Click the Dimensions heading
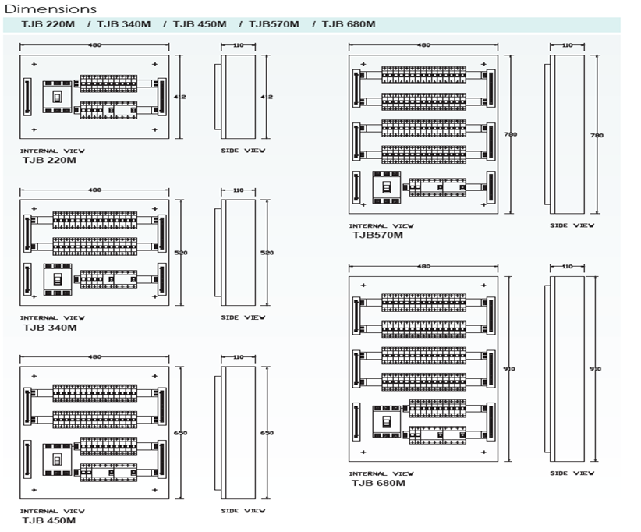point(51,9)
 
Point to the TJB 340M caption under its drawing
point(51,328)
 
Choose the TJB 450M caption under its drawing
point(49,520)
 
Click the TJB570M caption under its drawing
point(377,235)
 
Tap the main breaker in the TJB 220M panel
point(56,97)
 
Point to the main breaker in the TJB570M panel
point(386,186)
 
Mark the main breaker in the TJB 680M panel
point(386,421)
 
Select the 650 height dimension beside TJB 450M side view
point(267,433)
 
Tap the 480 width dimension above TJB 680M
point(423,267)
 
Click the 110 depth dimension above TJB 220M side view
point(239,45)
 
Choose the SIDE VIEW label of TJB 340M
point(243,317)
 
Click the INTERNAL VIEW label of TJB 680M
point(381,473)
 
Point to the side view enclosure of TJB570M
point(568,134)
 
